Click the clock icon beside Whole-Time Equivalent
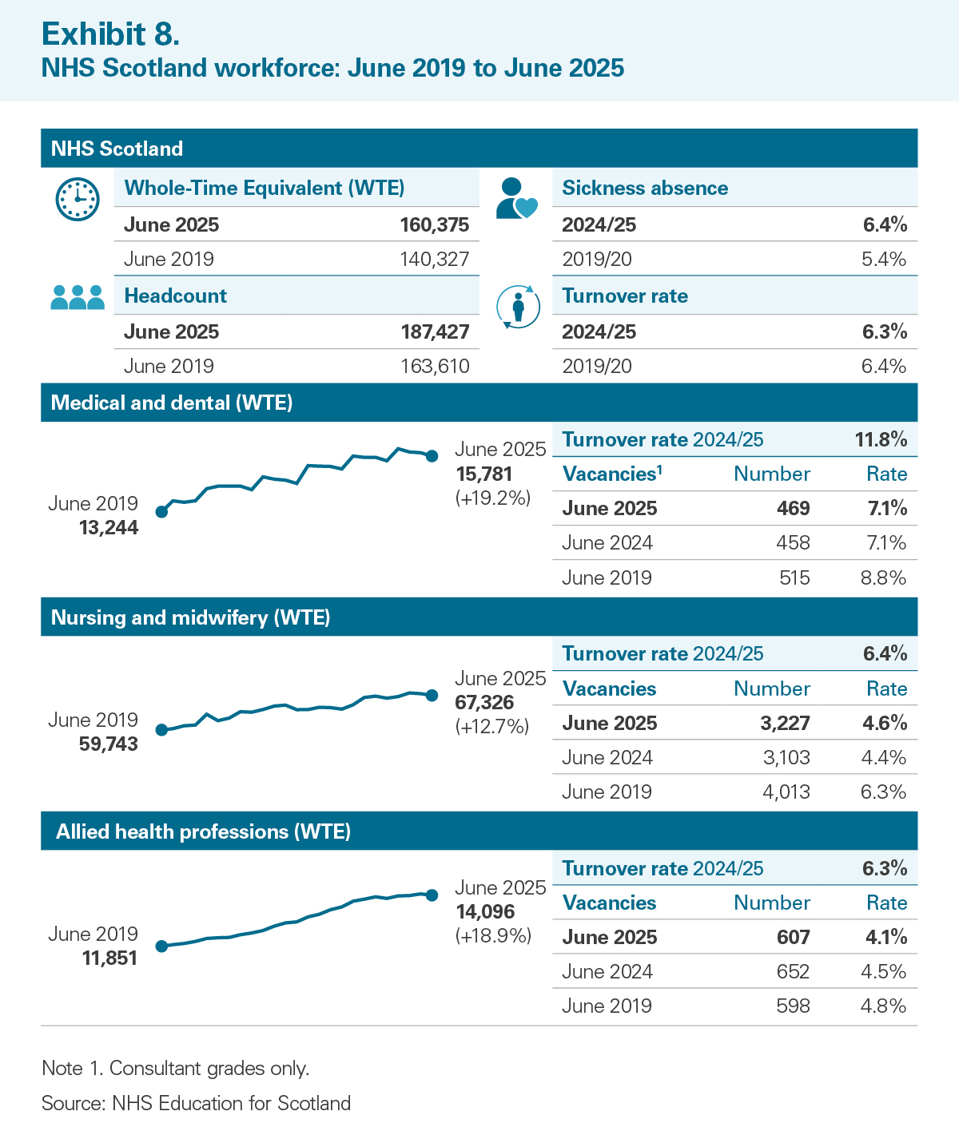pos(78,199)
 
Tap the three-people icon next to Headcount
pos(78,297)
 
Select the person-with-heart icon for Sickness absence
pos(516,199)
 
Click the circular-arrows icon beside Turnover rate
pos(518,306)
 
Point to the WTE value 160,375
pos(435,224)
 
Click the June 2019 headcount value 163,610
pos(435,367)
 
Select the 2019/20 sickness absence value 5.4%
pos(884,260)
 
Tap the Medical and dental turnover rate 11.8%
pos(881,439)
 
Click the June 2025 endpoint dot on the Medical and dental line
pos(432,456)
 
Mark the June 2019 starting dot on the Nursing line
pos(161,730)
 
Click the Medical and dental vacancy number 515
pos(794,578)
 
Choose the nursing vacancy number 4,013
pos(786,792)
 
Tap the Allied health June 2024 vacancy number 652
pos(793,972)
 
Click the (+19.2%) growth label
pos(493,498)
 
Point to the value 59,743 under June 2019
pos(109,744)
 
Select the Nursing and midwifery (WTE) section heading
pos(190,617)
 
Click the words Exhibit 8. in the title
pos(110,34)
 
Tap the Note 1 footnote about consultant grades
pos(175,1069)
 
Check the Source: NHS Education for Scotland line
pos(196,1104)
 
